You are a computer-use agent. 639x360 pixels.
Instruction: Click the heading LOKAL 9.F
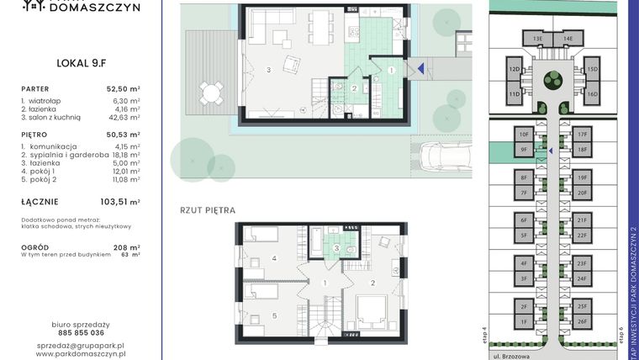(x=81, y=61)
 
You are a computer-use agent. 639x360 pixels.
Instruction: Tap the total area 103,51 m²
(x=122, y=202)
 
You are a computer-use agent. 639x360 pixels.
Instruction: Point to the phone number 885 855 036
(x=81, y=333)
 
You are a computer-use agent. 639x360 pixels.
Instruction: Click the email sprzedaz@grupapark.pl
(x=81, y=346)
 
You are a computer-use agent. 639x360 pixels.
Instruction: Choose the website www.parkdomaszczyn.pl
(x=81, y=355)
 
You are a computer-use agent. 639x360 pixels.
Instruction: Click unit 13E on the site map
(x=536, y=39)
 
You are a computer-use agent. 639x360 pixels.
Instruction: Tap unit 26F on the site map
(x=582, y=321)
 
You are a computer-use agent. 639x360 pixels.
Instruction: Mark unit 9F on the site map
(x=523, y=150)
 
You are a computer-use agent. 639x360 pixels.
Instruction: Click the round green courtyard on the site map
(x=552, y=80)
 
